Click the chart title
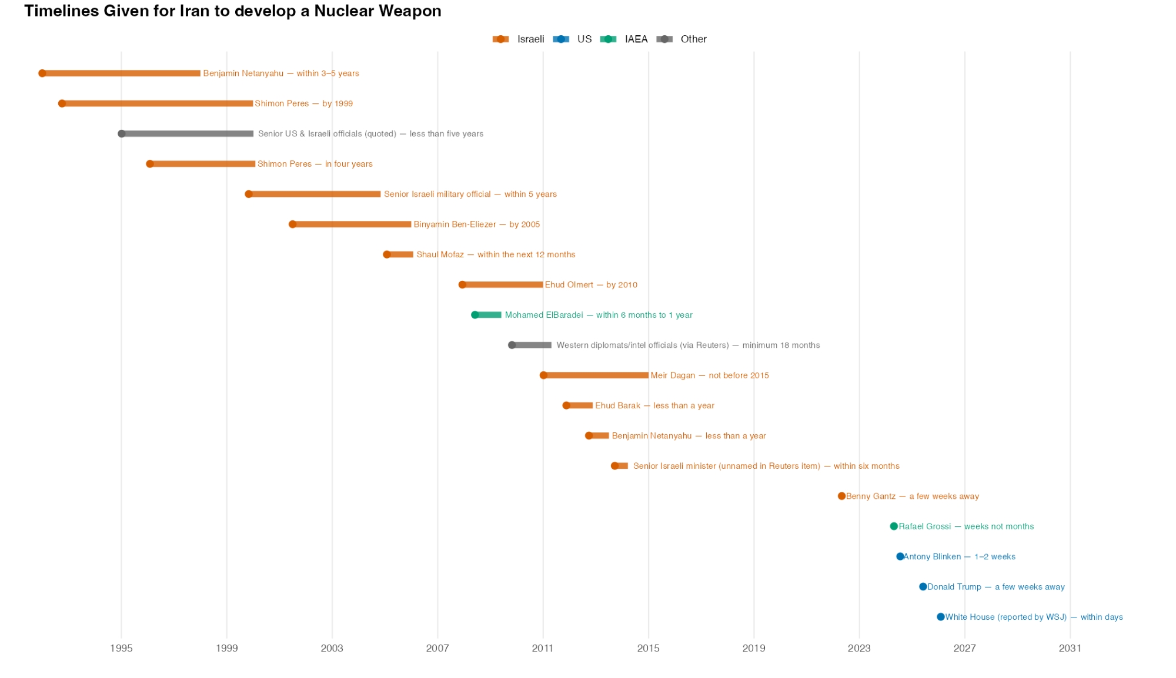pos(232,11)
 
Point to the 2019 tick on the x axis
pos(754,648)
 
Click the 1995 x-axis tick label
pos(121,648)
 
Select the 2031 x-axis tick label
pos(1070,648)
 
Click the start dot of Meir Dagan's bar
pos(543,375)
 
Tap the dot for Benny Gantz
pos(841,496)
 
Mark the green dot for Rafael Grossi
pos(894,526)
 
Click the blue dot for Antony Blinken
pos(900,556)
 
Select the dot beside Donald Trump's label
pos(923,587)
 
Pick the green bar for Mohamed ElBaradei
pos(489,315)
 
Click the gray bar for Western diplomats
pos(532,345)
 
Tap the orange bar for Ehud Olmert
pos(503,285)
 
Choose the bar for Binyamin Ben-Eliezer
pos(352,224)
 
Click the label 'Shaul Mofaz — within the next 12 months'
pos(496,254)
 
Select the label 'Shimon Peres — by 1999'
pos(303,103)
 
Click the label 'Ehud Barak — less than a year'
pos(654,405)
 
